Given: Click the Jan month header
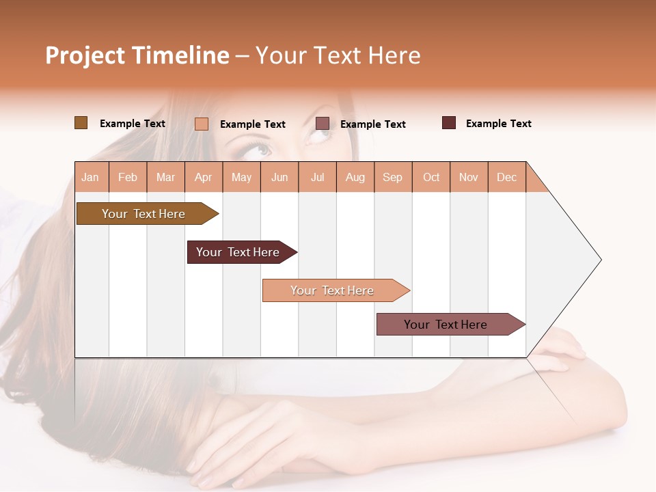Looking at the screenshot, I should (91, 177).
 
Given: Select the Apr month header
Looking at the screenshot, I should (204, 177).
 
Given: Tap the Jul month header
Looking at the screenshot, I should (318, 177).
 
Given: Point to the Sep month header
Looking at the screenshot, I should (392, 177).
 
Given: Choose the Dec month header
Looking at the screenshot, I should (506, 177).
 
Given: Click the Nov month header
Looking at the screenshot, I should (469, 177).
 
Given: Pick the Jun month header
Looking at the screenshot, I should (279, 177).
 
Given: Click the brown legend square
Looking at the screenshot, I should (81, 123).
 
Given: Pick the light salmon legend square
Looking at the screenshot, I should (201, 124).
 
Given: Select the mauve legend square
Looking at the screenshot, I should (322, 124).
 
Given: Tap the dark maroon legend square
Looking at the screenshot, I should (448, 123).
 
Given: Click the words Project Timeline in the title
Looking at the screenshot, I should (137, 55).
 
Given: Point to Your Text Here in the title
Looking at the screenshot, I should (338, 55).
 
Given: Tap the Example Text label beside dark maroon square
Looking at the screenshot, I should (498, 124).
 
